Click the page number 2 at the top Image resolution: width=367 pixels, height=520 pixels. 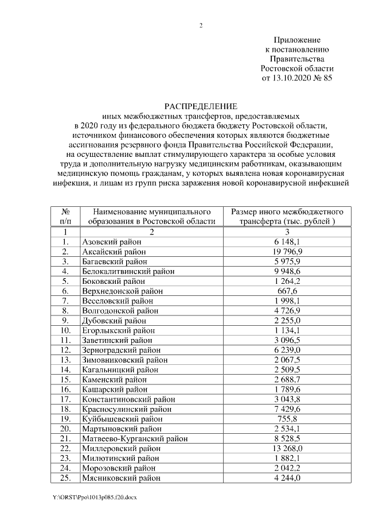[201, 25]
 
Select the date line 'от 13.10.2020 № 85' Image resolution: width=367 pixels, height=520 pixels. [296, 77]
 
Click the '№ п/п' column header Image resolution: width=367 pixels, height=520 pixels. [66, 216]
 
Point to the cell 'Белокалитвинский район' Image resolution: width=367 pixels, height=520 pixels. [128, 271]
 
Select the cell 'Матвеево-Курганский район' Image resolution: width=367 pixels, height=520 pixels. [134, 438]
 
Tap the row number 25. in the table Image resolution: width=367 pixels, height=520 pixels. [66, 477]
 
